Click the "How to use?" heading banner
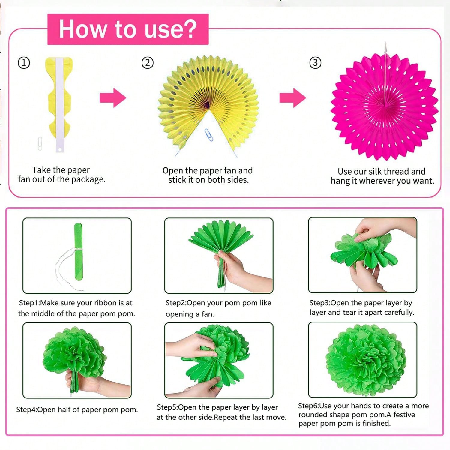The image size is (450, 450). [128, 29]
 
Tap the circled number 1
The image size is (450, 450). [24, 63]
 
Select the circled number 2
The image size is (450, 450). [147, 63]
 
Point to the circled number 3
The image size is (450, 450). [315, 63]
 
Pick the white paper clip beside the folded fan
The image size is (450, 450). [40, 143]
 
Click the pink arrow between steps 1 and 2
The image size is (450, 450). [113, 98]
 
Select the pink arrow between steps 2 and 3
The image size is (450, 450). [293, 98]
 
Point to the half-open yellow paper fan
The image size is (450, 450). [208, 103]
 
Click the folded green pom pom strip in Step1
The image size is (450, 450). [78, 252]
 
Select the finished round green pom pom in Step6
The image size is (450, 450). [366, 360]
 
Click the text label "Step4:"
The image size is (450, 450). [27, 410]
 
